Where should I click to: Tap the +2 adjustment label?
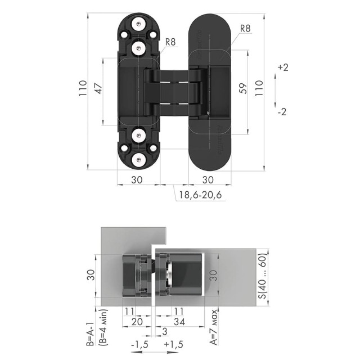click(282, 67)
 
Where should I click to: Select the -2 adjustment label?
click(282, 111)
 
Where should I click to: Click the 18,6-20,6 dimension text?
click(200, 195)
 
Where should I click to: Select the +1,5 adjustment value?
click(173, 344)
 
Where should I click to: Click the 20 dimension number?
click(136, 321)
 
